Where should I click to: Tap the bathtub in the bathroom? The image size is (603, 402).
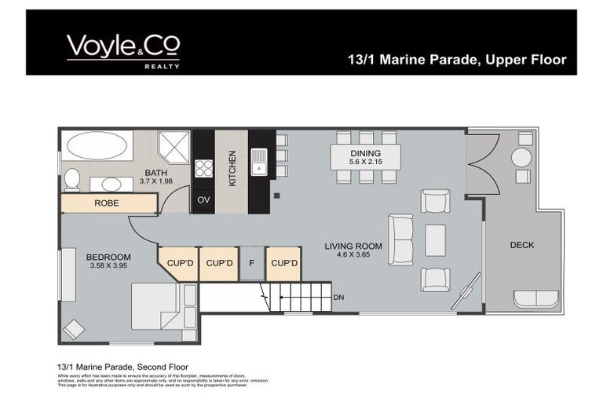98,146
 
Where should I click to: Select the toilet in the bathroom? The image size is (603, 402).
71,179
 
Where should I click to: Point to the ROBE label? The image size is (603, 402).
107,203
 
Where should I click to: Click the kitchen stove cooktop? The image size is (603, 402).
203,168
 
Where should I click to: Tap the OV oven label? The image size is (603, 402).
203,200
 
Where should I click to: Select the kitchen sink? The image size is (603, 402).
259,166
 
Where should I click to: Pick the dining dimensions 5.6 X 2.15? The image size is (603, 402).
365,163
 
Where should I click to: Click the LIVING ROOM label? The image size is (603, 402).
353,246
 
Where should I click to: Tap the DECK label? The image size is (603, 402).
521,245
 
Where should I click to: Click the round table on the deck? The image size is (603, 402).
522,158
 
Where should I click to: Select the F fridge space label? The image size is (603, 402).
251,262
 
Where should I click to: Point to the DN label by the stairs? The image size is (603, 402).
338,297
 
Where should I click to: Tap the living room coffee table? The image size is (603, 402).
435,240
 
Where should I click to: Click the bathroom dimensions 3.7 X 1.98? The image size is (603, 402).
155,181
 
